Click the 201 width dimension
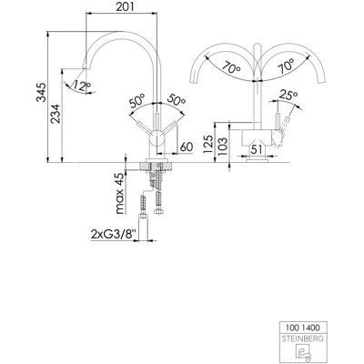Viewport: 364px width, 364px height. [x=125, y=6]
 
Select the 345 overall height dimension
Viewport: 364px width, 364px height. [x=42, y=92]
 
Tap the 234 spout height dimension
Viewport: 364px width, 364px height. [x=56, y=114]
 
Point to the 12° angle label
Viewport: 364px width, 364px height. [x=79, y=86]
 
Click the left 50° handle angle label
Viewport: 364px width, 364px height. [x=137, y=101]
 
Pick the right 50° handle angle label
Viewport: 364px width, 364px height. [x=176, y=101]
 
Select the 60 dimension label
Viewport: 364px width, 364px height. [x=187, y=147]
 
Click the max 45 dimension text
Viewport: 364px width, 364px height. [x=120, y=194]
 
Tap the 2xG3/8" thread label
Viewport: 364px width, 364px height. [x=114, y=234]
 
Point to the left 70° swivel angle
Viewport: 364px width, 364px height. [x=230, y=67]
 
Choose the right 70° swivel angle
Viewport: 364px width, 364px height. [x=286, y=66]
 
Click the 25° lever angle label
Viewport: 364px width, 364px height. [x=288, y=96]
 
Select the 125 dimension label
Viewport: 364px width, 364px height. [x=208, y=146]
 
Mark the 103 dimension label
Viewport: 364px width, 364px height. [x=222, y=146]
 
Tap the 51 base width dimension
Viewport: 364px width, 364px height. [x=257, y=149]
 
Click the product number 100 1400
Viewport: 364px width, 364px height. [x=303, y=328]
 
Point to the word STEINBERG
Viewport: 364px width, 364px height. [x=303, y=339]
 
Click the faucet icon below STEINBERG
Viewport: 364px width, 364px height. [x=303, y=353]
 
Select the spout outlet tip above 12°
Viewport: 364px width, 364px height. [x=86, y=68]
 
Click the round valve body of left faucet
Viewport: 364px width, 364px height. [x=157, y=139]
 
